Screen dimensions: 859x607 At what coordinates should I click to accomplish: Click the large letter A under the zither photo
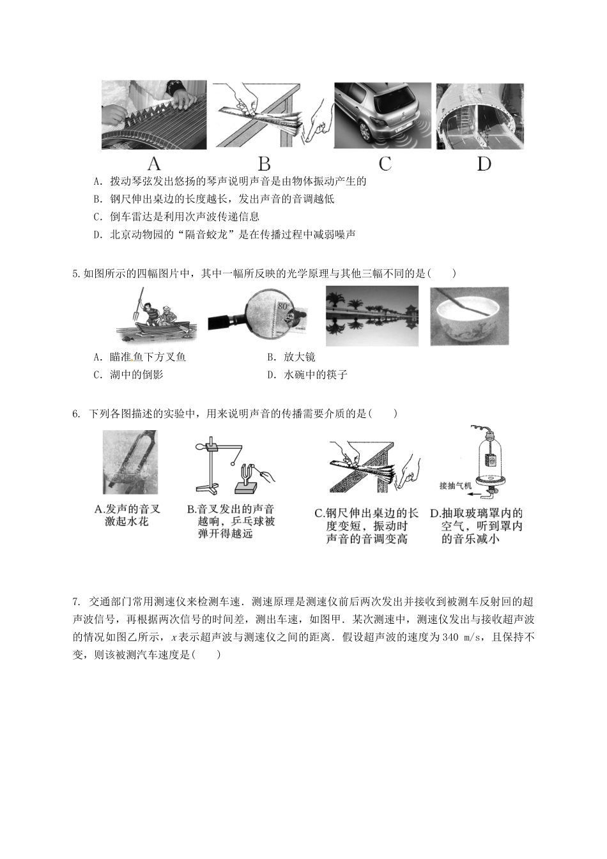tap(153, 164)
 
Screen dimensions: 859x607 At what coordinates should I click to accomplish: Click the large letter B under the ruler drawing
tap(264, 164)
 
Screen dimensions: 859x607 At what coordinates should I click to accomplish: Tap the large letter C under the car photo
tap(385, 164)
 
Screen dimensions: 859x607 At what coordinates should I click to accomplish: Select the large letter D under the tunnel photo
tap(484, 164)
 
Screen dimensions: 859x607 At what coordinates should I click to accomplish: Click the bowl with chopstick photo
tap(470, 316)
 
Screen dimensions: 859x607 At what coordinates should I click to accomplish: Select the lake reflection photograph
tap(372, 316)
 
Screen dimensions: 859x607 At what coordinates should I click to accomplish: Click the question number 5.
tap(76, 274)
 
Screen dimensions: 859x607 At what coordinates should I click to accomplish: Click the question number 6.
tap(76, 414)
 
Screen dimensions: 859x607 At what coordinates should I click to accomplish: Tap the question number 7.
tap(76, 601)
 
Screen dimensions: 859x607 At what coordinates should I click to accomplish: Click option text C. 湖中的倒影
tap(128, 375)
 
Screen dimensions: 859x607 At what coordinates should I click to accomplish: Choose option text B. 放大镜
tap(291, 357)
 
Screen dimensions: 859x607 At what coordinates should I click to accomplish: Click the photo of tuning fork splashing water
tap(130, 462)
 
